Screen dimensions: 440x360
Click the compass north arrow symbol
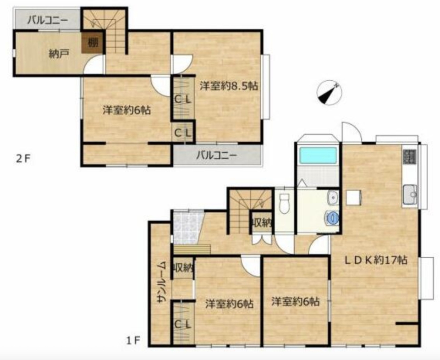(329, 93)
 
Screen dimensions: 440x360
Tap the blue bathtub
(318, 155)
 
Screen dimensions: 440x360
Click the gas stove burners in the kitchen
(410, 156)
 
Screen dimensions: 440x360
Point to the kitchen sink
(410, 194)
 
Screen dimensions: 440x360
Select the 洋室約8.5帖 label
(229, 86)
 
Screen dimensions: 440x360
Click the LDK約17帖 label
(376, 260)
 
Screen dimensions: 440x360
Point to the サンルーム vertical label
(162, 282)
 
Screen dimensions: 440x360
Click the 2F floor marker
(23, 159)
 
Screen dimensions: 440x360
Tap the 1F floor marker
(133, 341)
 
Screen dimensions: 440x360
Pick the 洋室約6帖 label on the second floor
(126, 110)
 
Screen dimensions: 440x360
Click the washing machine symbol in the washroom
(332, 218)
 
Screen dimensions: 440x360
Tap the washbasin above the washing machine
(333, 198)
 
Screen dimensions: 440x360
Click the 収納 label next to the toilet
(262, 223)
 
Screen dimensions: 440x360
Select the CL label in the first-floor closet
(183, 325)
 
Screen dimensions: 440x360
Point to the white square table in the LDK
(353, 198)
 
